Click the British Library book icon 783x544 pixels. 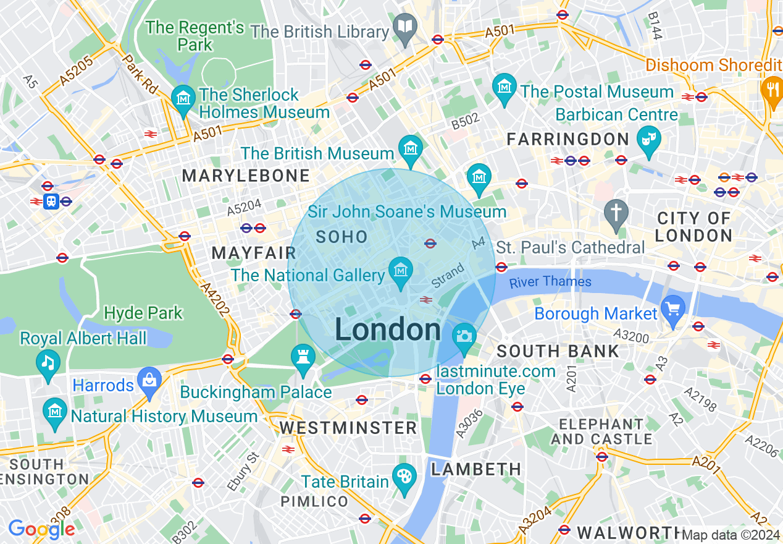405,27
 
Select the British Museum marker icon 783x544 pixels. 410,148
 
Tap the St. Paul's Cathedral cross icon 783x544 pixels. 616,212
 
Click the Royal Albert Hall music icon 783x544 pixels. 48,362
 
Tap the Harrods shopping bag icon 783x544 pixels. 149,379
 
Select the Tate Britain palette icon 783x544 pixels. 404,477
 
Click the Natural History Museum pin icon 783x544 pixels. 55,410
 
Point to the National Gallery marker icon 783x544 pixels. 401,271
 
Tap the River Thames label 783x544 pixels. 550,283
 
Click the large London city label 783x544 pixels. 388,330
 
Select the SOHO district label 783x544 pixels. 341,237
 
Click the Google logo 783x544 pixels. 41,529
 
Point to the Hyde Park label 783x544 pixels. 143,313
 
